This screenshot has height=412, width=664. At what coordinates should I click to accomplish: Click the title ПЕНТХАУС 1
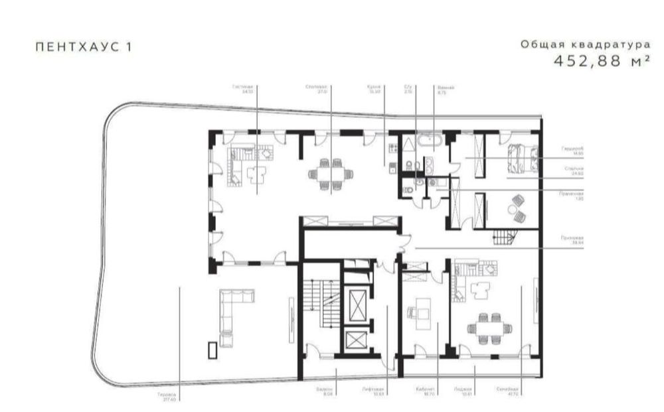point(83,48)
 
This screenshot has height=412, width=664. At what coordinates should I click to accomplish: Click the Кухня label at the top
point(373,88)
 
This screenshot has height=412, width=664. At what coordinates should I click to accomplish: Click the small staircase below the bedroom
point(503,234)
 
